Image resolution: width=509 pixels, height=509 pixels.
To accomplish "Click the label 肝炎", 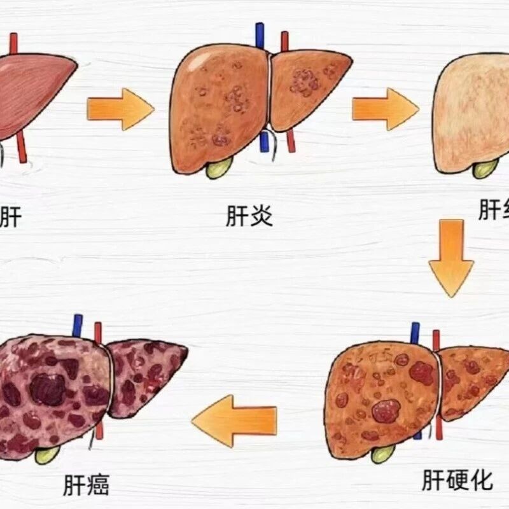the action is [249, 216].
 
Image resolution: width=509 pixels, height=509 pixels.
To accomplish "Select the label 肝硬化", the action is [457, 480].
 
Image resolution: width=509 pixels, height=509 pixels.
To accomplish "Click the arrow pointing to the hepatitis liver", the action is [120, 109].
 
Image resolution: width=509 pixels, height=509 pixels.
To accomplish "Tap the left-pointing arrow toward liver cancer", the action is [235, 420].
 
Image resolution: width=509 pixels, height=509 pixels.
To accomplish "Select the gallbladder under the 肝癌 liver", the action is [48, 454].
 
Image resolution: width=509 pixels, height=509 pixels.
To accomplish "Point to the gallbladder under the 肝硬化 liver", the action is [383, 453].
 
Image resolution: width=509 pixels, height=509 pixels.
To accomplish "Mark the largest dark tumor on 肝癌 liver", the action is [48, 389].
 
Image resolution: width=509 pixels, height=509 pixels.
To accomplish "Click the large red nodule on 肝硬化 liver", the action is [386, 412].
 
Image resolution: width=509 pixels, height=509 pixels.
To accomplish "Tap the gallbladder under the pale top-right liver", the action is [485, 168].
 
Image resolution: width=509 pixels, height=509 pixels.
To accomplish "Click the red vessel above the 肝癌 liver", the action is [98, 333].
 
